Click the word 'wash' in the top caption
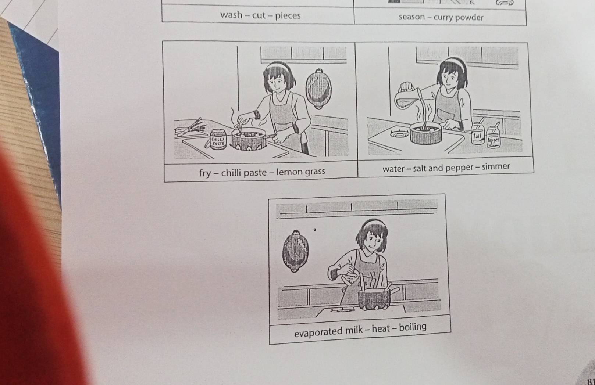231,15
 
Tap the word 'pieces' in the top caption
288,16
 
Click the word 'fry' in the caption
205,173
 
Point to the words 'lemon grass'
301,172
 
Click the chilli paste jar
218,139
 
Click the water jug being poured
406,98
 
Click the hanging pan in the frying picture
318,89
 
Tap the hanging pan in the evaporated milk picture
295,251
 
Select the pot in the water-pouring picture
425,133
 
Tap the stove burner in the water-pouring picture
399,134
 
